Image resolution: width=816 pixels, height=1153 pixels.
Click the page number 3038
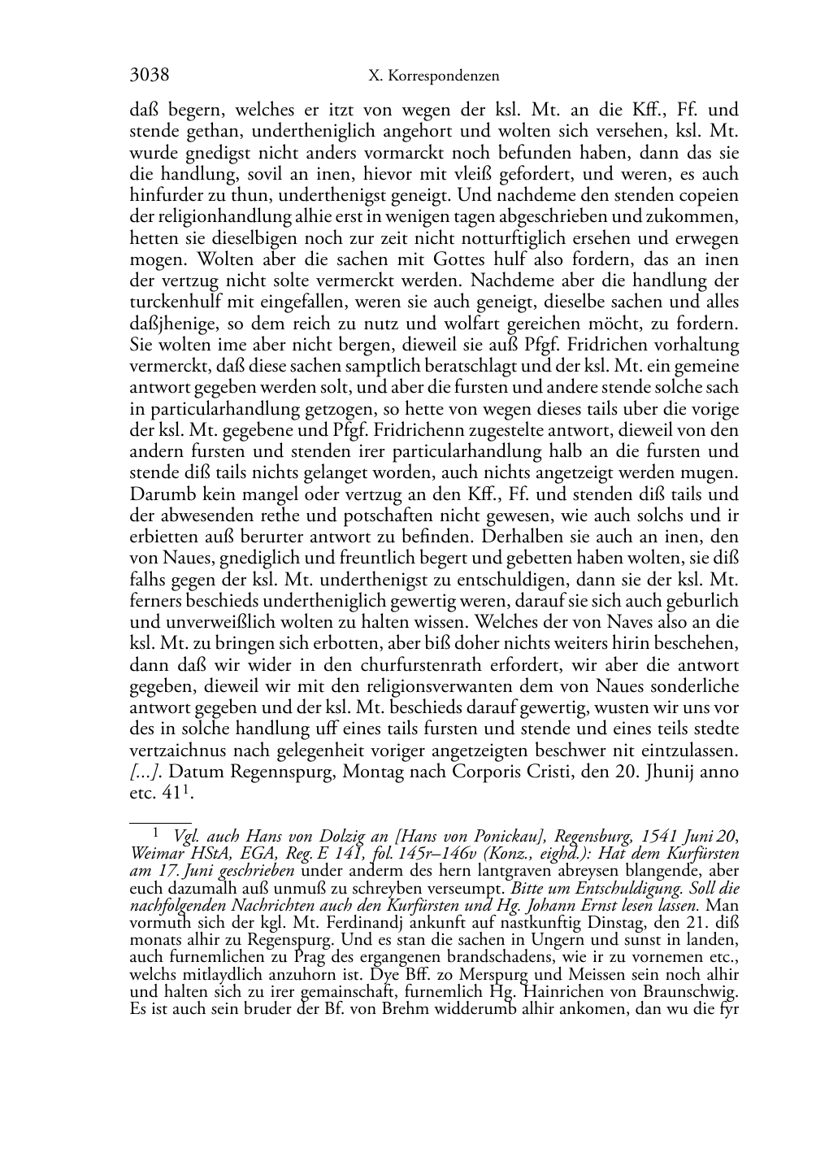point(150,76)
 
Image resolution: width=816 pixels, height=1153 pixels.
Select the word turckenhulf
point(174,302)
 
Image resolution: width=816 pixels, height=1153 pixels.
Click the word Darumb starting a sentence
point(161,494)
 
